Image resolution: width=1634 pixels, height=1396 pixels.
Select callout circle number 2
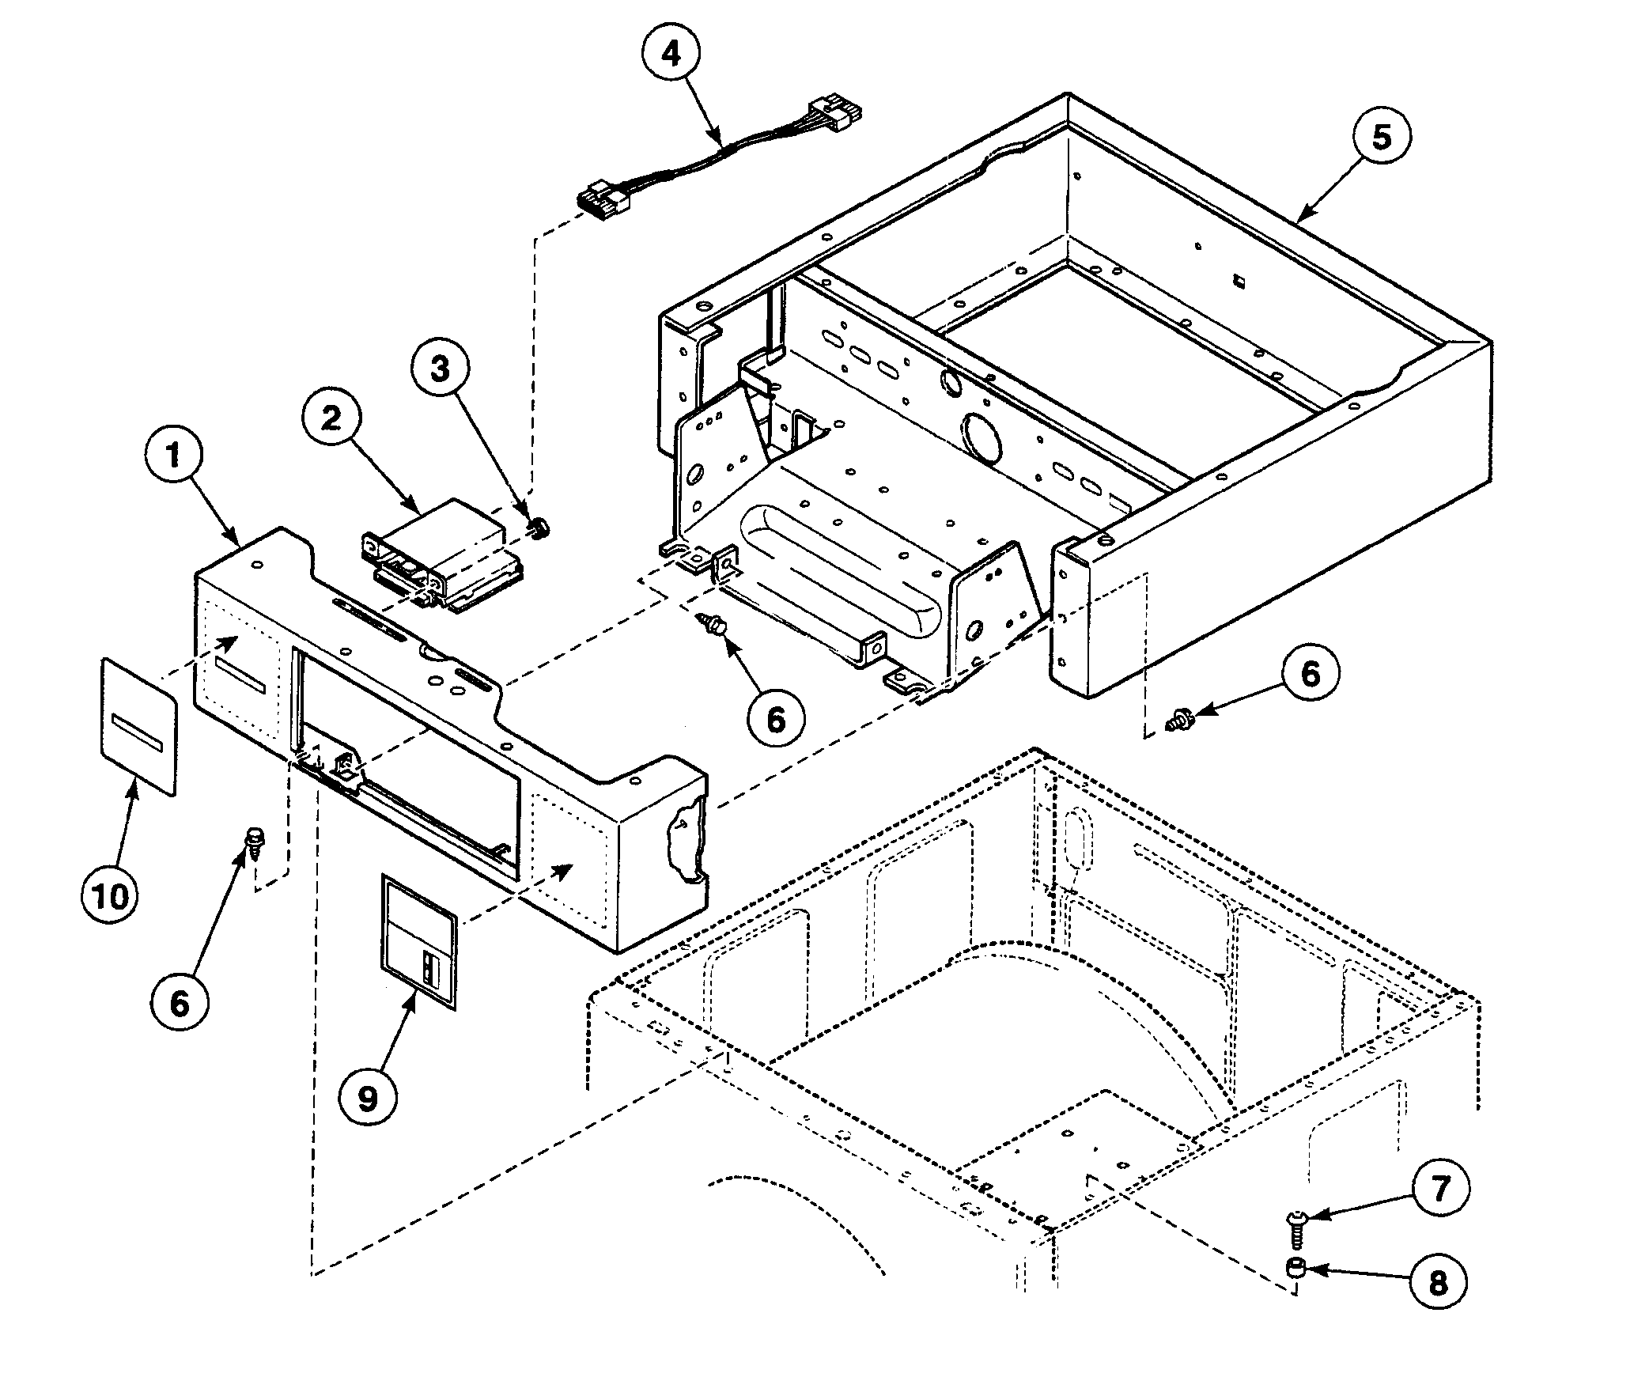tap(331, 418)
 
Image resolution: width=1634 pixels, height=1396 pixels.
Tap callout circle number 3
tap(441, 369)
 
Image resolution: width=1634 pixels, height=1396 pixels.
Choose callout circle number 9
tap(369, 1099)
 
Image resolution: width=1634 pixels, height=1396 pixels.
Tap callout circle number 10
tap(111, 897)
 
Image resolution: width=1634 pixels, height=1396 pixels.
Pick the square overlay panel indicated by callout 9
tap(419, 941)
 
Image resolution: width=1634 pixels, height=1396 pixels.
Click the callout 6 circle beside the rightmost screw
tap(1311, 675)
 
